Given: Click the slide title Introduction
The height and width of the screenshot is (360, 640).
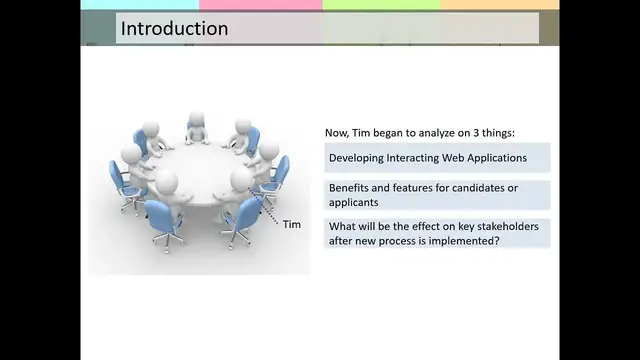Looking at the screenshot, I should [174, 28].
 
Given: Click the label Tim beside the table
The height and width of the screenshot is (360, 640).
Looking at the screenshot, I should [292, 224].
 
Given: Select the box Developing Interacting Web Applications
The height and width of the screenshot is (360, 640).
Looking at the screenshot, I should [437, 158].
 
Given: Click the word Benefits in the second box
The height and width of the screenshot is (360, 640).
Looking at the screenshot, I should [352, 188].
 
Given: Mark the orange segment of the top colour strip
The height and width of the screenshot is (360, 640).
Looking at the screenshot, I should [499, 5].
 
